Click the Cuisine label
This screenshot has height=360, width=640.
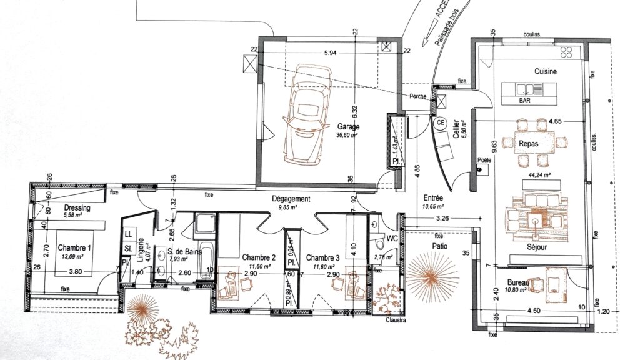545,72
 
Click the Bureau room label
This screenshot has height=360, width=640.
518,283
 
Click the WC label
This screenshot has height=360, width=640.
392,239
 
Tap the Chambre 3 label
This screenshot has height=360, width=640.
323,257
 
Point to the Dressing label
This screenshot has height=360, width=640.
77,208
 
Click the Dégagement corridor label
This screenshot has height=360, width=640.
291,199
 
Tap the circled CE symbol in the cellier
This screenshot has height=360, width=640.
440,122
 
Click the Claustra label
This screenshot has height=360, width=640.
396,320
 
